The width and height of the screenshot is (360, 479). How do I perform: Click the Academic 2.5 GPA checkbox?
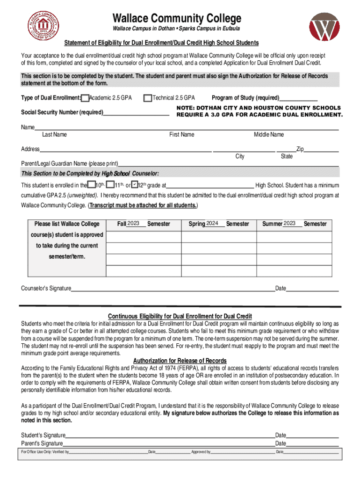click(x=85, y=98)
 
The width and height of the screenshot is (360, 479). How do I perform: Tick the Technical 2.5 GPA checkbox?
click(x=148, y=98)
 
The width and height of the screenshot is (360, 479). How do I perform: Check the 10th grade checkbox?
click(x=92, y=185)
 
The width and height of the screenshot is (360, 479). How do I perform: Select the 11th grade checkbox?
click(x=110, y=185)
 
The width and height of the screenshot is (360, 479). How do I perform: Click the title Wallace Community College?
click(x=177, y=18)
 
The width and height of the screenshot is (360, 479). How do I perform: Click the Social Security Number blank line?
click(x=136, y=113)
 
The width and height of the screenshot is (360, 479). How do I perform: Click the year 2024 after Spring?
click(x=212, y=224)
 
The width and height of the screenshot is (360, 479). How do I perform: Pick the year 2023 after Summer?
click(x=289, y=224)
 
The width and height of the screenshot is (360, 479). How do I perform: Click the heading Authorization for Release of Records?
click(x=180, y=361)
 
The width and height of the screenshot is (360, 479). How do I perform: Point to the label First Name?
click(x=181, y=135)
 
